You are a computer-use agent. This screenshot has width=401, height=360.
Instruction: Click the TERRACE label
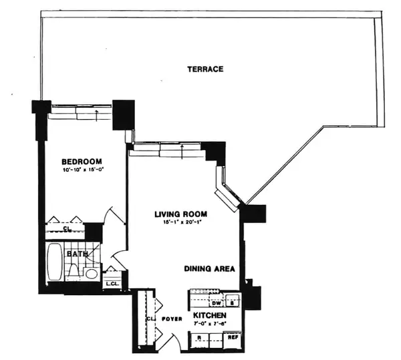[x=205, y=69]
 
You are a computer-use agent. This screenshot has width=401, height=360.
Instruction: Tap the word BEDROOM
[x=82, y=161]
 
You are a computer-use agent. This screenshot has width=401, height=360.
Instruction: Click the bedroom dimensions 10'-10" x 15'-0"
[x=84, y=170]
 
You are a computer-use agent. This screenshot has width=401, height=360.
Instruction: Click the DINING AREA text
[x=210, y=269]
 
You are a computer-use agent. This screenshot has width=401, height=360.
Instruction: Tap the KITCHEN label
[x=210, y=315]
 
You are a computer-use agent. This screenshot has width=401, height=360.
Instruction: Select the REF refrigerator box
[x=233, y=337]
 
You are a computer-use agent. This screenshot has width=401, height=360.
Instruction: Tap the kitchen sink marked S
[x=233, y=300]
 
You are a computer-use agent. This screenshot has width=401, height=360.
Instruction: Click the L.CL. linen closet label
[x=112, y=284]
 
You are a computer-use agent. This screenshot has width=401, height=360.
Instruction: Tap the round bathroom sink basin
[x=92, y=274]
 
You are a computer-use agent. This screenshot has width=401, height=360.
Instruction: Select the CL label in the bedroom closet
[x=67, y=228]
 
